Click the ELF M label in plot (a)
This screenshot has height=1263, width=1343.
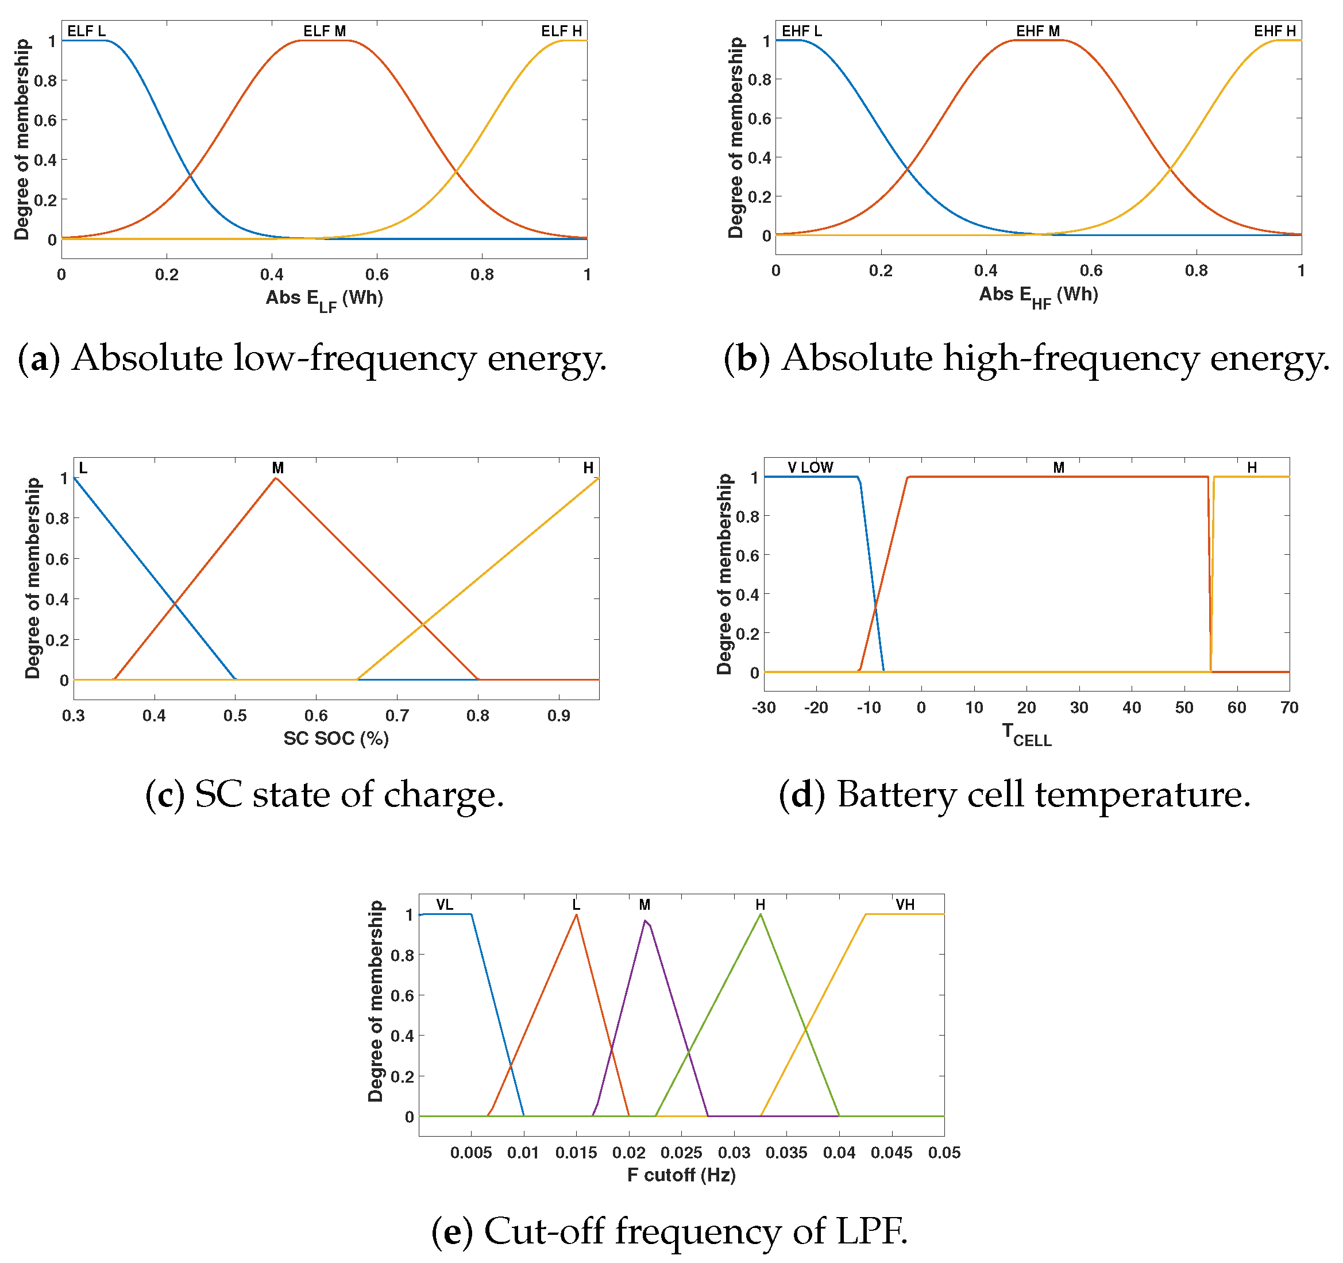pyautogui.click(x=325, y=31)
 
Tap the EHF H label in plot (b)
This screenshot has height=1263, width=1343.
pyautogui.click(x=1275, y=31)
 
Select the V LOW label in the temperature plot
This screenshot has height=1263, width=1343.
pyautogui.click(x=810, y=468)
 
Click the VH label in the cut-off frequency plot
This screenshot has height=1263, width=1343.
pyautogui.click(x=905, y=905)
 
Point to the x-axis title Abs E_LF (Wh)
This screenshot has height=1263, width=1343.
pyautogui.click(x=325, y=299)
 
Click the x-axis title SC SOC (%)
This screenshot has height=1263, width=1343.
pyautogui.click(x=335, y=738)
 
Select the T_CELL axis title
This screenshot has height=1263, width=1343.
pyautogui.click(x=1026, y=735)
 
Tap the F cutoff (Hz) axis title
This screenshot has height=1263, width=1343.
pyautogui.click(x=681, y=1175)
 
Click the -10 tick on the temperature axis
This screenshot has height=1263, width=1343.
pyautogui.click(x=868, y=708)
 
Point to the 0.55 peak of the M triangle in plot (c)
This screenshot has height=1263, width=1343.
pyautogui.click(x=276, y=478)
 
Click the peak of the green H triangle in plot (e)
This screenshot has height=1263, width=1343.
pyautogui.click(x=761, y=914)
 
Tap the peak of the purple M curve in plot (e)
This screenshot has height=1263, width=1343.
pyautogui.click(x=645, y=921)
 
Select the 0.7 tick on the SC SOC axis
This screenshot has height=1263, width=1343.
pyautogui.click(x=398, y=716)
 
